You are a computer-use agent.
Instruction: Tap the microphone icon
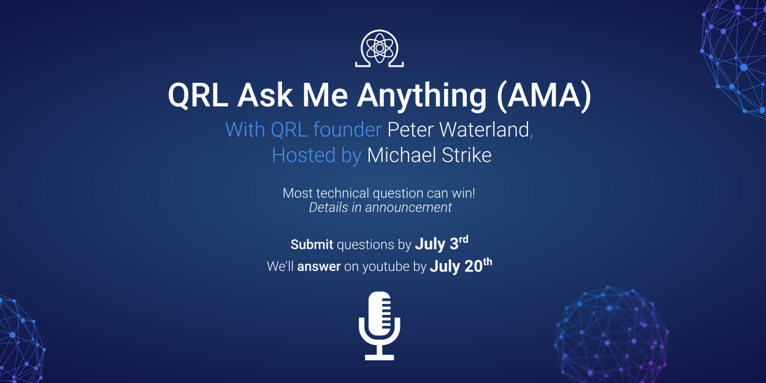click(379, 325)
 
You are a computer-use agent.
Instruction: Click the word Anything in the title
click(422, 96)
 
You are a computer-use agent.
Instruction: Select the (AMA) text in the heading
click(544, 96)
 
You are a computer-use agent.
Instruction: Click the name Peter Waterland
click(458, 130)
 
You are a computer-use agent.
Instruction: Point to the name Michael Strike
click(429, 155)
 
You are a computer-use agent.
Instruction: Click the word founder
click(348, 130)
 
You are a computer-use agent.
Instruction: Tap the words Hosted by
click(316, 156)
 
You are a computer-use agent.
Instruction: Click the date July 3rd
click(442, 243)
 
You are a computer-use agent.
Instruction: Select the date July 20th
click(461, 265)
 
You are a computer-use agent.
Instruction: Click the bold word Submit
click(312, 245)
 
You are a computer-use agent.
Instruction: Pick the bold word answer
click(319, 267)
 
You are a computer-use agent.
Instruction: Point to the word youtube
click(386, 267)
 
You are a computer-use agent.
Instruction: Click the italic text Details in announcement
click(380, 207)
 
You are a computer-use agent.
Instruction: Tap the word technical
click(343, 194)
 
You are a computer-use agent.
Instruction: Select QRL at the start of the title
click(198, 96)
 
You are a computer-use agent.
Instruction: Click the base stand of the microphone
click(379, 357)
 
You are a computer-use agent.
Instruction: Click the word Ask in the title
click(265, 96)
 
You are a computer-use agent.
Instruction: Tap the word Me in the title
click(325, 96)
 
